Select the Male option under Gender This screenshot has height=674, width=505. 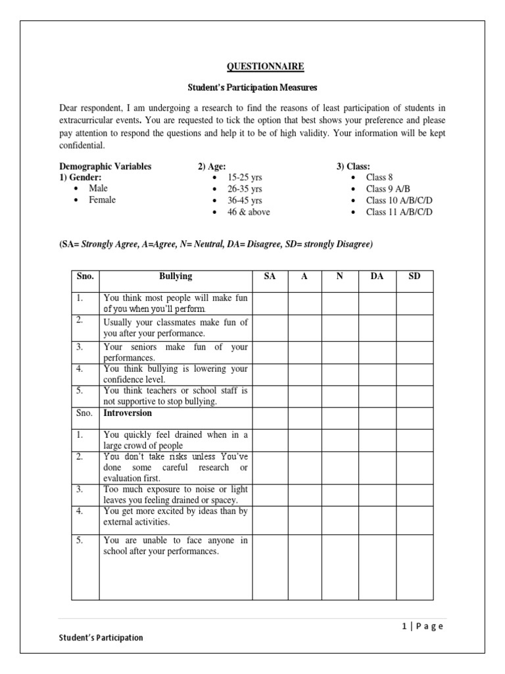[x=99, y=188]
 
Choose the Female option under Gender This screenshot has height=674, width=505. [x=102, y=200]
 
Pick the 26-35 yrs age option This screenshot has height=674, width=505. [x=245, y=188]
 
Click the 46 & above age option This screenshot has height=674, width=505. [x=249, y=212]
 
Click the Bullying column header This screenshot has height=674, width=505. [x=176, y=277]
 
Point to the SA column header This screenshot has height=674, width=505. [x=270, y=277]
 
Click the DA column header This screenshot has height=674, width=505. [x=377, y=277]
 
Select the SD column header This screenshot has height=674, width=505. [x=414, y=277]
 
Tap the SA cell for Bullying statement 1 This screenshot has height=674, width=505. [x=270, y=303]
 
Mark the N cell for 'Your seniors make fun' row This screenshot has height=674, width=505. [x=339, y=352]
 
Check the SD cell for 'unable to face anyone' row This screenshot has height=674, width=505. [x=414, y=567]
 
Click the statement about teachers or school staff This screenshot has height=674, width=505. [x=176, y=396]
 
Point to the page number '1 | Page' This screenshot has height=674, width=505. [x=422, y=626]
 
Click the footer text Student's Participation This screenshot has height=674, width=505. [x=101, y=638]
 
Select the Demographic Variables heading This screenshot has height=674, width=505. [x=105, y=167]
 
